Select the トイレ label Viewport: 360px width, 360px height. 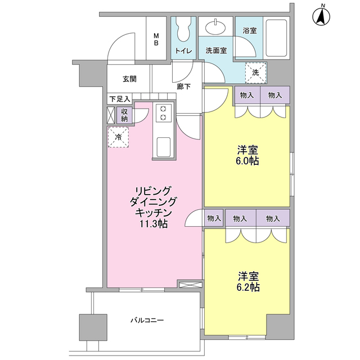point(183,51)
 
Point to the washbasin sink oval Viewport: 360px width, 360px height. point(214,27)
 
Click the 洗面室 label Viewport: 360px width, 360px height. point(215,51)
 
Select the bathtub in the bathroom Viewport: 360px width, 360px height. point(276,38)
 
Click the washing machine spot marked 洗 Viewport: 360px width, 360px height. point(255,71)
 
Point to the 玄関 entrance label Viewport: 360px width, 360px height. point(129,79)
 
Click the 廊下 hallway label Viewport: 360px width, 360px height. point(183,87)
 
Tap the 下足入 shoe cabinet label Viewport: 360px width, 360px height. point(119,99)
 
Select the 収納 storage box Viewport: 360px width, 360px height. point(124,115)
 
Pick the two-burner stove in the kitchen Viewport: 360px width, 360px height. point(164,112)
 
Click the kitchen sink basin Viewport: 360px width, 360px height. point(164,147)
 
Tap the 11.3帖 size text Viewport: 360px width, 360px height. point(154,224)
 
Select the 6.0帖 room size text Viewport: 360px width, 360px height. point(247,161)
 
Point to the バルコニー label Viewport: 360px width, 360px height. point(147,320)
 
